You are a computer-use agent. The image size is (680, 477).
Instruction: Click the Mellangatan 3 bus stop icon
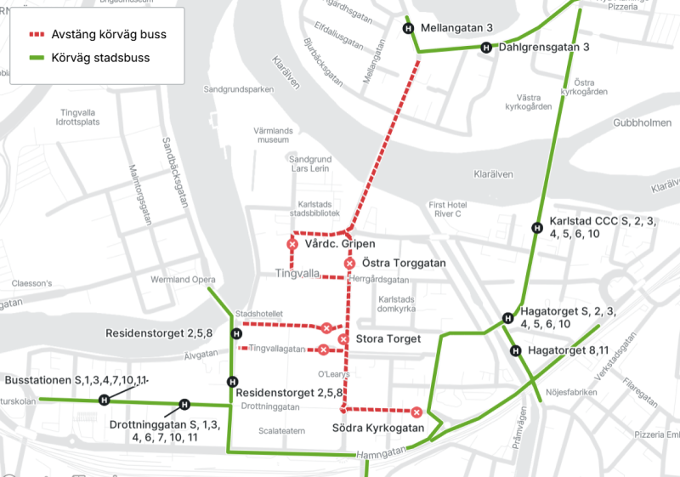(408, 28)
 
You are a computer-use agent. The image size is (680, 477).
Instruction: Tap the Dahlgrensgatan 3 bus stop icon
(486, 48)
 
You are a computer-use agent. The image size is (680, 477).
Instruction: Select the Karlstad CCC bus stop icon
(537, 227)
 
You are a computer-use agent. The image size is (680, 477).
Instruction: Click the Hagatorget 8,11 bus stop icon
(515, 351)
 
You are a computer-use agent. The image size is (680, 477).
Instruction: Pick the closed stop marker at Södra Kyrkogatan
(416, 412)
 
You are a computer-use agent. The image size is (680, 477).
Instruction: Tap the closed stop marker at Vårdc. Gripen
(292, 245)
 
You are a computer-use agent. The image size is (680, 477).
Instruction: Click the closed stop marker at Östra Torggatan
(349, 264)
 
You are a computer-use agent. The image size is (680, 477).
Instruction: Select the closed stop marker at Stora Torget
(343, 339)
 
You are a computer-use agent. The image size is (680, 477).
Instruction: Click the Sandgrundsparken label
(238, 88)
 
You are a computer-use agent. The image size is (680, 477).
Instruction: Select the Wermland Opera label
(184, 280)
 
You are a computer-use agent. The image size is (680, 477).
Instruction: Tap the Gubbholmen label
(643, 123)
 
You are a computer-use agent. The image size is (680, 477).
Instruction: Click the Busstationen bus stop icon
(105, 400)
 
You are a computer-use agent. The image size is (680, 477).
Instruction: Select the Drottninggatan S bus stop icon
(184, 405)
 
